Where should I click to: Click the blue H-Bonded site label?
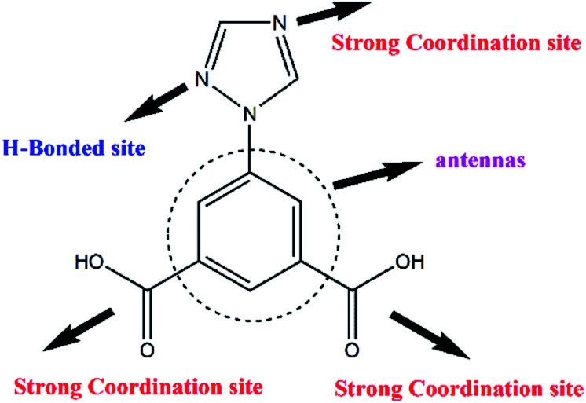point(75,147)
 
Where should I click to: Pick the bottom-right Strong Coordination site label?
point(459,387)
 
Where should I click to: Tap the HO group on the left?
point(88,261)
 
